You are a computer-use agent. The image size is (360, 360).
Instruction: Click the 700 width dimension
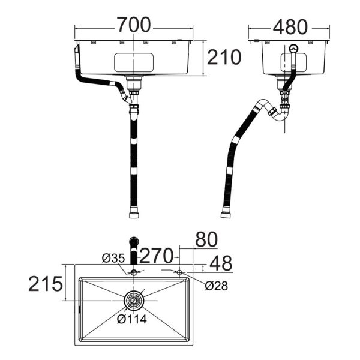point(134,25)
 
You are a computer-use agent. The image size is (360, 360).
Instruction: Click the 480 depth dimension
point(290,26)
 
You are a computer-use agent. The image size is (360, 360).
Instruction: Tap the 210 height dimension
point(224,58)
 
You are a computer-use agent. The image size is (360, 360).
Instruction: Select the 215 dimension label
point(45,284)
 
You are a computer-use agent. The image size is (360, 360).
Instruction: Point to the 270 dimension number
point(158,255)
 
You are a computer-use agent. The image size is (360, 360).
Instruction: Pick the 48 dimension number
point(220,263)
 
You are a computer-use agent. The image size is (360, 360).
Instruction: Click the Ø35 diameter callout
point(113,258)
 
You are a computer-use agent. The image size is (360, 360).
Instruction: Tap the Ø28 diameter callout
point(216,286)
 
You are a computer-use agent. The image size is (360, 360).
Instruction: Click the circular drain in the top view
point(134,299)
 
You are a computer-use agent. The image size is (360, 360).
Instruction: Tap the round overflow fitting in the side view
point(293,50)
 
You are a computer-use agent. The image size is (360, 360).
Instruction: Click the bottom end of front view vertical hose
point(133,212)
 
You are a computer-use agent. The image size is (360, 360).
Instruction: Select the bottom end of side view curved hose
point(226,212)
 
